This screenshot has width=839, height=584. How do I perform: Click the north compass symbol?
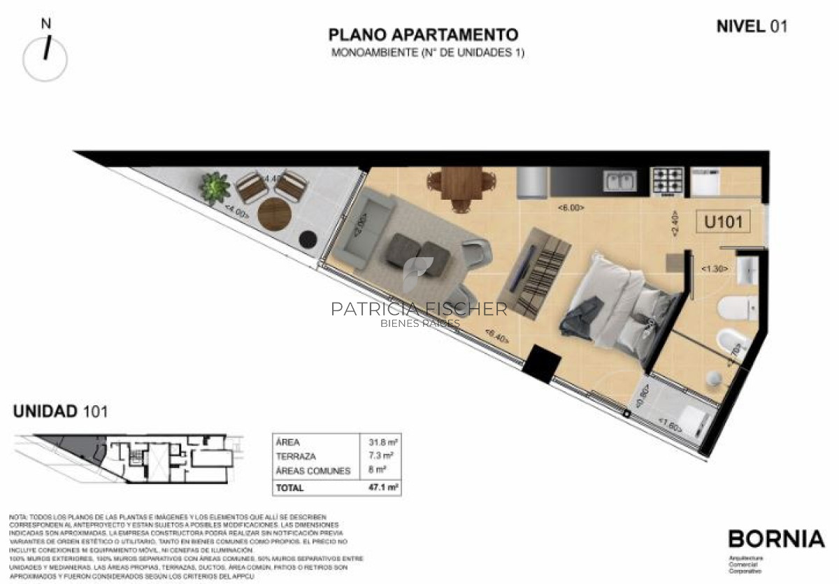click(45, 56)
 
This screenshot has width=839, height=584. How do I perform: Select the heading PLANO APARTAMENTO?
click(424, 35)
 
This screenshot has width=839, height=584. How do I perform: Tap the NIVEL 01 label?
click(752, 27)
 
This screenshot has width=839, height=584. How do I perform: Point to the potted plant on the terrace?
click(215, 187)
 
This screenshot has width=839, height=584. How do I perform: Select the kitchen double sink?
click(620, 181)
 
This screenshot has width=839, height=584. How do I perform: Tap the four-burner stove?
click(666, 181)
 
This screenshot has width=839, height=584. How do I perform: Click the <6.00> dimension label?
click(571, 207)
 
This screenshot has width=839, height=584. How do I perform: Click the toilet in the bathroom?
click(735, 305)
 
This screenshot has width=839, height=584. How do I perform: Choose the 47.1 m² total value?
click(383, 488)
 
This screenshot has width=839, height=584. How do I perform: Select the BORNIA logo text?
click(776, 539)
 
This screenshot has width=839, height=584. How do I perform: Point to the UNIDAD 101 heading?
click(61, 411)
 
